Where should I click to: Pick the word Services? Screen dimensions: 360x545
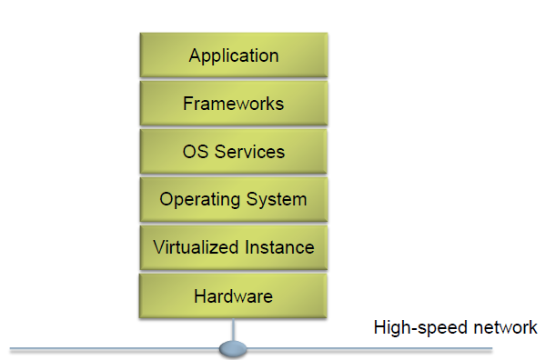point(248,151)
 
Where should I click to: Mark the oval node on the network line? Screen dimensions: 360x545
point(234,347)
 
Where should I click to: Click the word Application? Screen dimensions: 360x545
point(233,55)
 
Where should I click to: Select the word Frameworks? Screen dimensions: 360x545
point(233,103)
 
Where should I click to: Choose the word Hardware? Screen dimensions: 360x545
point(233,295)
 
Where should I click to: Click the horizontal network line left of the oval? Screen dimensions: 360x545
point(109,348)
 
